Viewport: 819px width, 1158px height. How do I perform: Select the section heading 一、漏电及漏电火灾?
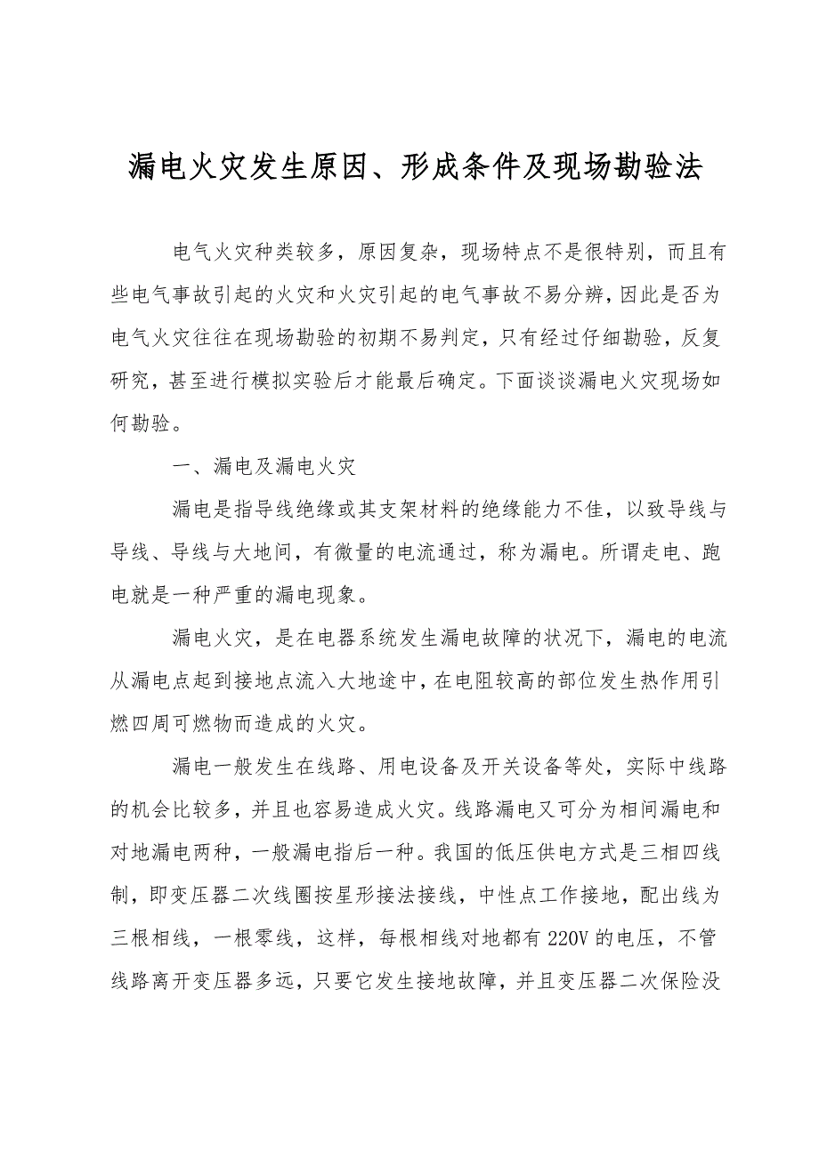266,466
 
